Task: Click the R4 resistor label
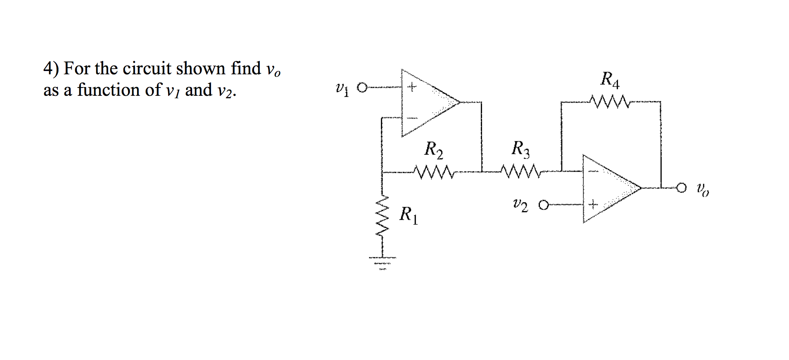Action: tap(610, 80)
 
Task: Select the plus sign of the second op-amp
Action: tap(593, 204)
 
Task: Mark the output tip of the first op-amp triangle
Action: tap(459, 102)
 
